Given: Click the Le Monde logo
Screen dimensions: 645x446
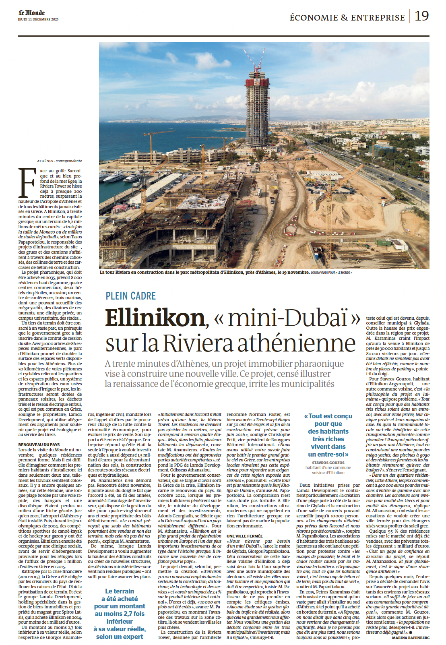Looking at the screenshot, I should pos(31,13).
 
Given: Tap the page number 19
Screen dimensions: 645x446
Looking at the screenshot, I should pos(421,16).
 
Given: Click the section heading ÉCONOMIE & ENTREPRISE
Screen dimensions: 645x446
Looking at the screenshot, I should pos(347,18).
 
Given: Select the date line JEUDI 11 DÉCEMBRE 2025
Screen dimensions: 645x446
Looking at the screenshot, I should pos(38,19).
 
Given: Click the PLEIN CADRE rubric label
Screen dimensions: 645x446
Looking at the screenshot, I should pos(130,296).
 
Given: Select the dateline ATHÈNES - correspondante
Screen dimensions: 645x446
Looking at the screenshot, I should pos(60,161).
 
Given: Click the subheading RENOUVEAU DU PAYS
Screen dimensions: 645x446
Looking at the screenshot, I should pos(39,444).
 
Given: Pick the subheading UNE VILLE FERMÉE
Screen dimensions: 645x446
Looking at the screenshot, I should pos(244,536).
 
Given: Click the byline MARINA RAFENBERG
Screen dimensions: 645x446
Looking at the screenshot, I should pos(411,638).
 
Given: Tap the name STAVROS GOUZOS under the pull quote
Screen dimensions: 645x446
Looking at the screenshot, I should pos(328,463).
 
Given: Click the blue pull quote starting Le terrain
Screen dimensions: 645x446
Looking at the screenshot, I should pos(120,614).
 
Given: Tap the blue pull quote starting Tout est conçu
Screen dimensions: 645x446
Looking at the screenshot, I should pos(328,435).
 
